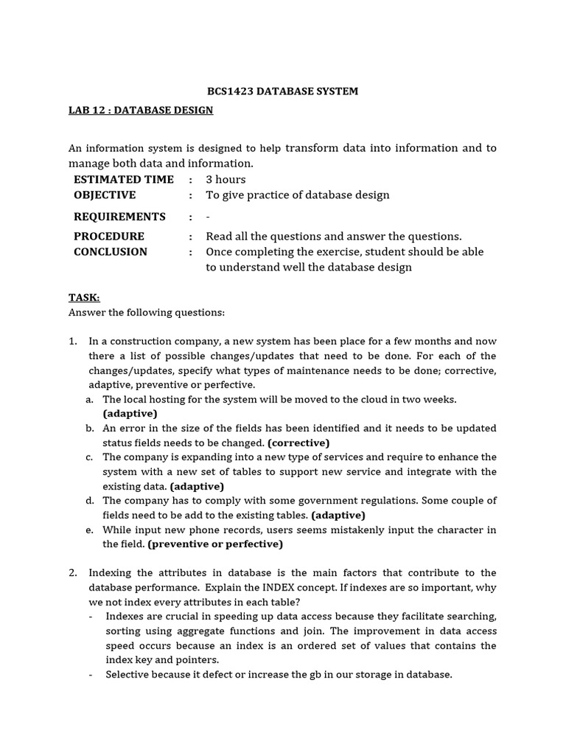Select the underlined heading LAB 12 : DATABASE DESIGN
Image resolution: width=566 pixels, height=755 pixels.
click(141, 110)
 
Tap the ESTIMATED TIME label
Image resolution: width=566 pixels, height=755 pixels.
click(123, 179)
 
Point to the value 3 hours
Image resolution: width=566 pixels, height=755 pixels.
click(226, 179)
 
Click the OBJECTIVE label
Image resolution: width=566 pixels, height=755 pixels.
click(105, 195)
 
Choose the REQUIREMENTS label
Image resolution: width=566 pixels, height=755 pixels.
click(119, 216)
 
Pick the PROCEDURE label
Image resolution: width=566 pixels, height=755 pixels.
click(108, 236)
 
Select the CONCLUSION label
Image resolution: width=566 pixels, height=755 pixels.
click(110, 251)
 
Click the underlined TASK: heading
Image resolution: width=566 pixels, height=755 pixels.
click(83, 297)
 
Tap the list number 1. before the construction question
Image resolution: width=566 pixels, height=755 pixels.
click(73, 341)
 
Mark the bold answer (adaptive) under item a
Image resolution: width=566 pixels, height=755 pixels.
click(130, 414)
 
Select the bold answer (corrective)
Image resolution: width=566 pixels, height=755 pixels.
click(298, 442)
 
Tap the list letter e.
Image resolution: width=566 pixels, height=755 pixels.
click(88, 529)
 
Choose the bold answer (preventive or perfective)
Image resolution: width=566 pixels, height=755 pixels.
click(215, 544)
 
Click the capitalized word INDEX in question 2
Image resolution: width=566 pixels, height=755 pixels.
click(291, 588)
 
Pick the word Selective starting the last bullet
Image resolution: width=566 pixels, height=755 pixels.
click(128, 675)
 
